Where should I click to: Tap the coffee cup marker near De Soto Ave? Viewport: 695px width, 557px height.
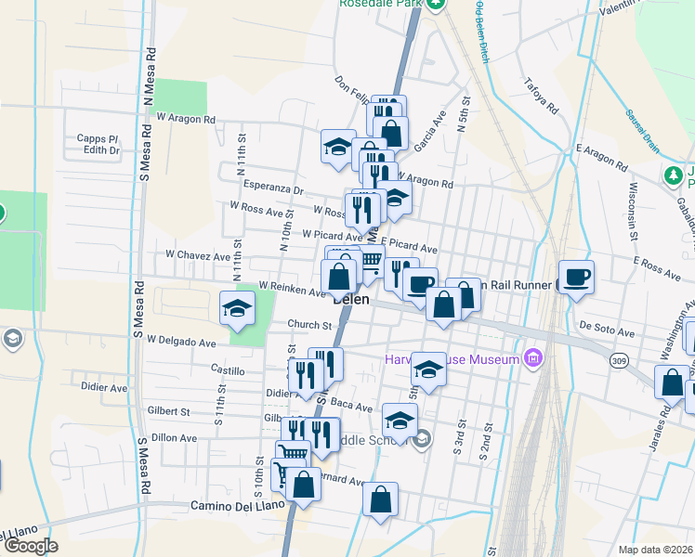pos(576,277)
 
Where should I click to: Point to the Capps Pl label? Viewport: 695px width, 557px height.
pos(98,138)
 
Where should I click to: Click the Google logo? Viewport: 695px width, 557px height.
pos(31,545)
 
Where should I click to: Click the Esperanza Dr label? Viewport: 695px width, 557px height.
pos(273,188)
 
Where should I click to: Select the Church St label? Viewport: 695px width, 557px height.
pos(309,325)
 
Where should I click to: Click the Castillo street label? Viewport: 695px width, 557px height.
pos(227,369)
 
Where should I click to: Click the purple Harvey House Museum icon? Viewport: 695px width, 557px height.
pos(532,356)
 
